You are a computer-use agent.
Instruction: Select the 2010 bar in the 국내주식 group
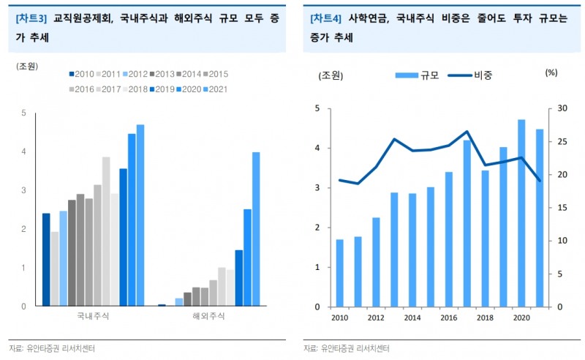coord(46,259)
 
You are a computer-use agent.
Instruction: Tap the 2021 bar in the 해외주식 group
coord(256,228)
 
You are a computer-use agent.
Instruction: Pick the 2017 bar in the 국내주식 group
coord(106,231)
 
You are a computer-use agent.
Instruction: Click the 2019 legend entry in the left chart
coord(165,89)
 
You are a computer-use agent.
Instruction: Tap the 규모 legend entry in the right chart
coord(418,74)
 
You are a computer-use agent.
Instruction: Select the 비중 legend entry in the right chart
coord(470,74)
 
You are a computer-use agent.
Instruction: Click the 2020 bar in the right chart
coord(522,213)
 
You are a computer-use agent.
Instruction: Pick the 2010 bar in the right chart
coord(340,273)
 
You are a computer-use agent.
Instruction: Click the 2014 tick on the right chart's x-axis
coord(412,318)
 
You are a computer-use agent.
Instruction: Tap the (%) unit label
coord(551,72)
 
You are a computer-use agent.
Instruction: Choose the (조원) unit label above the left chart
coord(27,66)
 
